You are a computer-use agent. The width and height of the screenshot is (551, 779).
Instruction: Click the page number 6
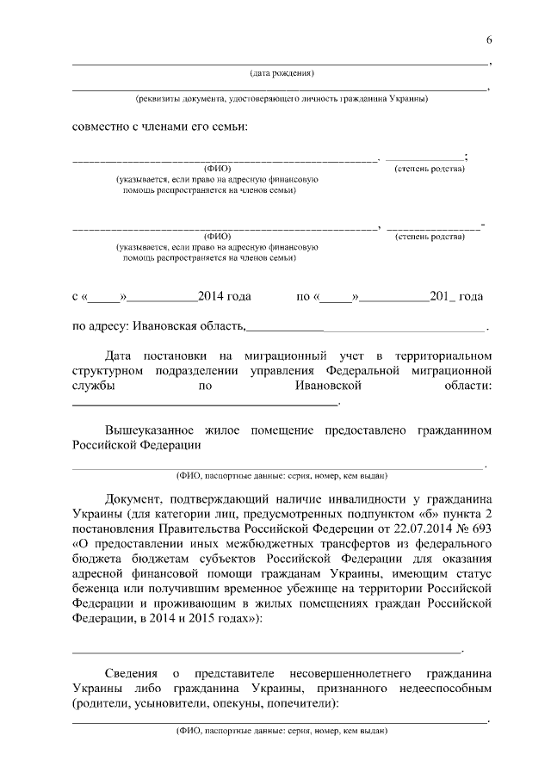pyautogui.click(x=489, y=40)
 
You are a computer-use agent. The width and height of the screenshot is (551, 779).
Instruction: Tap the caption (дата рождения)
pyautogui.click(x=282, y=72)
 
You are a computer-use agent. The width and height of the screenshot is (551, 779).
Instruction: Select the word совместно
pyautogui.click(x=101, y=127)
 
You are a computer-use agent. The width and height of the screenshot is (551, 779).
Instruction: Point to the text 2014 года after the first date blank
pyautogui.click(x=224, y=296)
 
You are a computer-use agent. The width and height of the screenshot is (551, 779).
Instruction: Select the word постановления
pyautogui.click(x=116, y=529)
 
